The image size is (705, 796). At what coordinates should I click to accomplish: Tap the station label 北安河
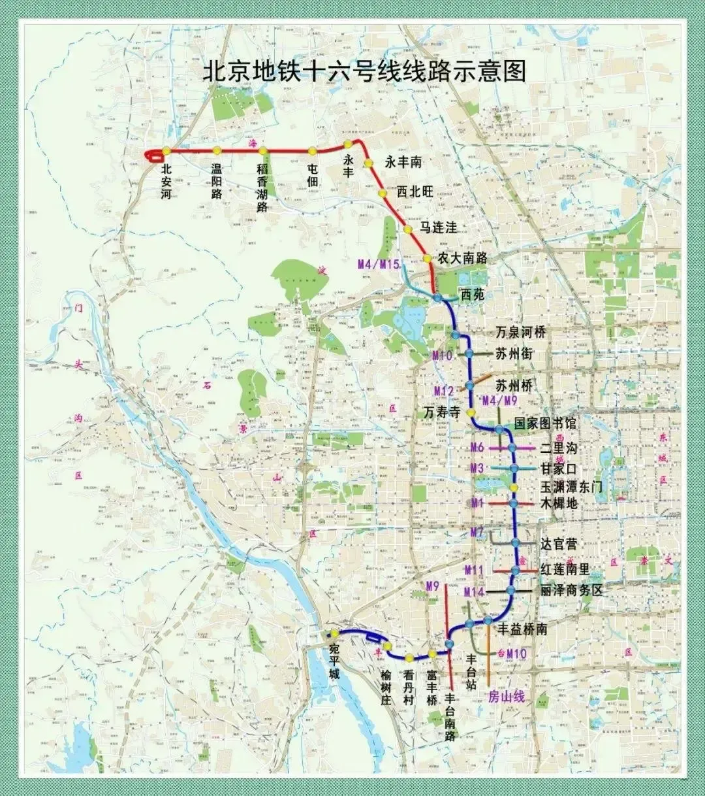(x=166, y=182)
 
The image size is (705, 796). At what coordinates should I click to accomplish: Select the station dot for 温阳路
(x=217, y=151)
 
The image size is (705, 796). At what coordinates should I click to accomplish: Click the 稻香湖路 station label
(x=262, y=188)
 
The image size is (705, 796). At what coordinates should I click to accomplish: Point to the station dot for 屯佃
(x=312, y=151)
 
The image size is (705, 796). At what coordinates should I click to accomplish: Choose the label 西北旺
(x=415, y=191)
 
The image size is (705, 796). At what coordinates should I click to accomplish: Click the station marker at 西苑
(x=437, y=298)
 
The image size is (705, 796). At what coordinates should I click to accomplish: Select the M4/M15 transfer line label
(x=379, y=264)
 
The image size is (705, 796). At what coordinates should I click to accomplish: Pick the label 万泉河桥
(x=520, y=332)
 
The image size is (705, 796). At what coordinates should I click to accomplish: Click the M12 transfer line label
(x=444, y=391)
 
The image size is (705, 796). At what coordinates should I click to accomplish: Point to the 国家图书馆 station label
(x=545, y=423)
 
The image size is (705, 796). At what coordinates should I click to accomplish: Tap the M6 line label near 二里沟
(x=477, y=448)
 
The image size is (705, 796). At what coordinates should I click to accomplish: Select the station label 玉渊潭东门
(x=571, y=487)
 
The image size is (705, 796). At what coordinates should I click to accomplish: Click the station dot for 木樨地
(x=514, y=503)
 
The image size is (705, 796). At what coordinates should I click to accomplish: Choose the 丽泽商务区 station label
(x=571, y=590)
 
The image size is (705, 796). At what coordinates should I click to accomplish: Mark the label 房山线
(x=507, y=697)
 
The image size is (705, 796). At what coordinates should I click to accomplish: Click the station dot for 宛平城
(x=334, y=633)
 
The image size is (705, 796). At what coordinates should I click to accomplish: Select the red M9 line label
(x=432, y=586)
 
